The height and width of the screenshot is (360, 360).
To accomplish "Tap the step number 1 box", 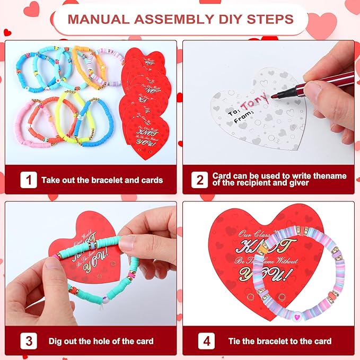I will coord(28,180).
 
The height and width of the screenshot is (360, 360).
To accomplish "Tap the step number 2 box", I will coord(199,180).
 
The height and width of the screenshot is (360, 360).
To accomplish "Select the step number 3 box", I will coord(28,340).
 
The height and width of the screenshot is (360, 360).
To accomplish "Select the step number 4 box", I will coord(199,340).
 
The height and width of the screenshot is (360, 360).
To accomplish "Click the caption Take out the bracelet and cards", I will coord(102,180).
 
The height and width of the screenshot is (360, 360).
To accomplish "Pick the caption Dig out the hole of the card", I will coord(101,341).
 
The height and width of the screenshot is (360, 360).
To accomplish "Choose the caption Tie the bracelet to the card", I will coord(279,341).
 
